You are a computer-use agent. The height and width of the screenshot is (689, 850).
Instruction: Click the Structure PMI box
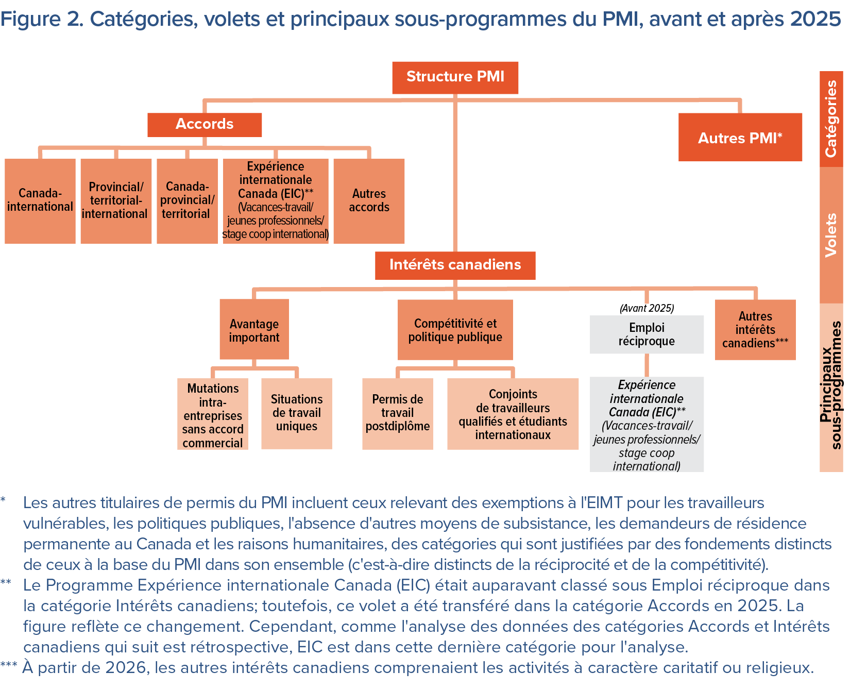(x=455, y=77)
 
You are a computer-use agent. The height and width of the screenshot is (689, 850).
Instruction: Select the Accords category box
(x=205, y=125)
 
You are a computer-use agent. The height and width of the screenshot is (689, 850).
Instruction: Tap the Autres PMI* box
(x=740, y=137)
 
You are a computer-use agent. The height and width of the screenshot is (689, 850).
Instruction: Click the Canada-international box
(x=40, y=200)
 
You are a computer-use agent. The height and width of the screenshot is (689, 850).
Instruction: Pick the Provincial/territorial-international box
(x=116, y=200)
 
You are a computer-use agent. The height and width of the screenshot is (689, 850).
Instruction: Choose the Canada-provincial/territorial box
(x=187, y=200)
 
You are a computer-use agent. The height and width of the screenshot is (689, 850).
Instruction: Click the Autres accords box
(x=369, y=200)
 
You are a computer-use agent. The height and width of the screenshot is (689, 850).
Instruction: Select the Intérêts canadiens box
(x=455, y=265)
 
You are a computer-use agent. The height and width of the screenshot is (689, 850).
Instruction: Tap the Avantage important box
(x=254, y=330)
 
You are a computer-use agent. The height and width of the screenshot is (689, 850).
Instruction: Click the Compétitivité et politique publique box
(x=455, y=330)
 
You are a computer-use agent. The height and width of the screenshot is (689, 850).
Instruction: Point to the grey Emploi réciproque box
(x=647, y=334)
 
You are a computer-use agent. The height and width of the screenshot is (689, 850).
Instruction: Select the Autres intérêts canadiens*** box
(x=755, y=330)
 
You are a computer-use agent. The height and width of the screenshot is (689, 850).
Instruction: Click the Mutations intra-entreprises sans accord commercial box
(x=213, y=414)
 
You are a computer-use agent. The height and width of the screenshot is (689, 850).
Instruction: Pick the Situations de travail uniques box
(x=297, y=413)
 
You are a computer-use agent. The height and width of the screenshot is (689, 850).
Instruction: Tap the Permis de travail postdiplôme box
(x=398, y=413)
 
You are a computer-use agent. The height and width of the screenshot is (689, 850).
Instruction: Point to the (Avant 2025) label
(x=647, y=308)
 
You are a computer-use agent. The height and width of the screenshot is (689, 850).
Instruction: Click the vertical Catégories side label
(x=831, y=119)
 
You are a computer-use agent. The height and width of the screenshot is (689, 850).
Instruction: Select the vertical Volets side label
(x=831, y=235)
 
